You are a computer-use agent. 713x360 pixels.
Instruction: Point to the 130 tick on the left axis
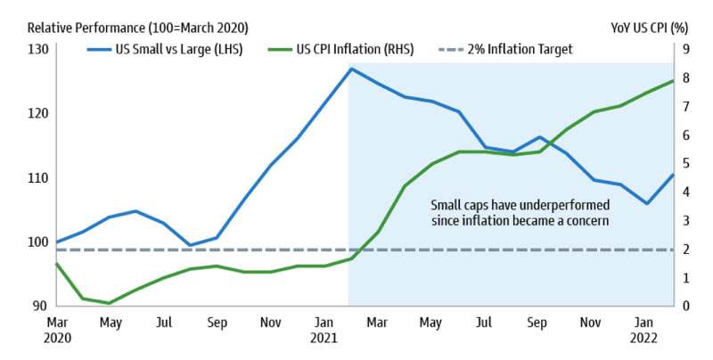(x=36, y=50)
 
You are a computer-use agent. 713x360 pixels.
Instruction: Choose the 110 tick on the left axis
(x=36, y=178)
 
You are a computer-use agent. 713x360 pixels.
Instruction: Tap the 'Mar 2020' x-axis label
(x=56, y=330)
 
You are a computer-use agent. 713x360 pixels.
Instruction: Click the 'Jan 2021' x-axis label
(x=324, y=330)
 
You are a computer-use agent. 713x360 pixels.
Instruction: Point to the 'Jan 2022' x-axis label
(x=645, y=330)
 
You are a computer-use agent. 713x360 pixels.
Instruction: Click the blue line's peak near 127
(x=351, y=69)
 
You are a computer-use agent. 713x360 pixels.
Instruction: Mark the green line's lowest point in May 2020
(x=109, y=303)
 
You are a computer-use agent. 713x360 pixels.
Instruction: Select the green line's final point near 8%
(x=672, y=81)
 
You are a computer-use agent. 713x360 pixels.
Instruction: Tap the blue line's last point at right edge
(x=672, y=174)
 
